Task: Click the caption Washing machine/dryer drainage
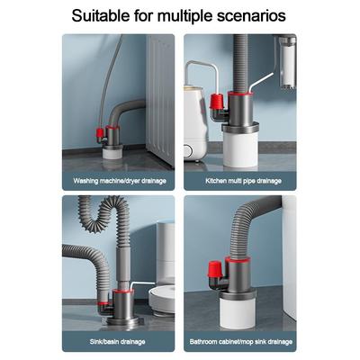120,181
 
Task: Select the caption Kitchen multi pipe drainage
243,181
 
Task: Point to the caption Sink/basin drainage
118,341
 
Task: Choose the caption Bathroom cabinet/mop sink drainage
241,341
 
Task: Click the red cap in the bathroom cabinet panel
215,269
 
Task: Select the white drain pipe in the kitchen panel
240,149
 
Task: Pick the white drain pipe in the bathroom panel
237,312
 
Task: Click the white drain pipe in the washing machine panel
112,153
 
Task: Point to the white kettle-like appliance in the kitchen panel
196,123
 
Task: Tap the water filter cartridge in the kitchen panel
287,61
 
